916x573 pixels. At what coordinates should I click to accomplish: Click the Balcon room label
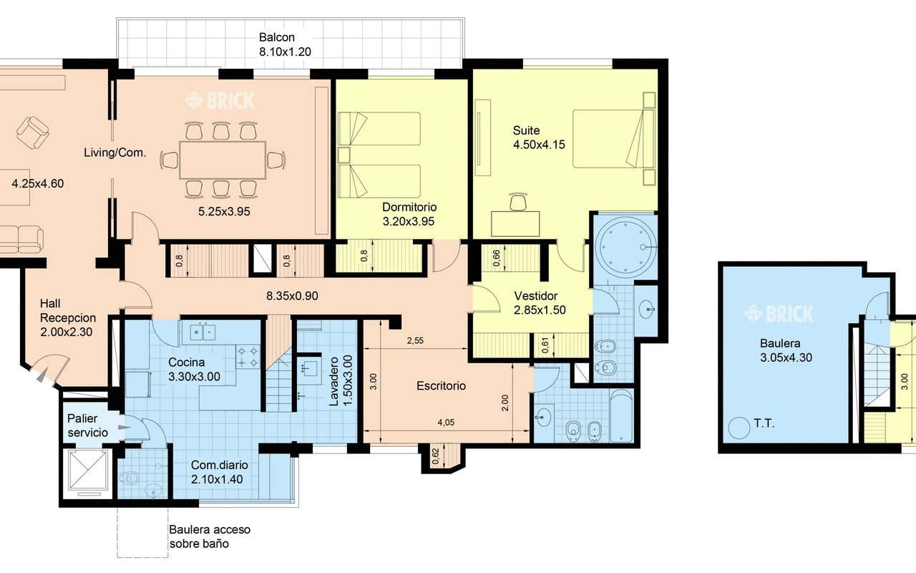285,44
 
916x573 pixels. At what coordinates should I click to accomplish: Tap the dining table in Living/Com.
223,160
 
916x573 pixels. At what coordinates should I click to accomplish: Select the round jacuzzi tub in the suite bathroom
625,247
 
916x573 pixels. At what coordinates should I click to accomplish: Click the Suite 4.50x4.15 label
539,138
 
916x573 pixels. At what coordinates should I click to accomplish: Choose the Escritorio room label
442,385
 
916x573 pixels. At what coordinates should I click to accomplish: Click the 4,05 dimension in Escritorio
446,423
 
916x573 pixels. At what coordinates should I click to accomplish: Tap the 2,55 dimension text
415,340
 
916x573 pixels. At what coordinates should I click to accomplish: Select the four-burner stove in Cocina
248,357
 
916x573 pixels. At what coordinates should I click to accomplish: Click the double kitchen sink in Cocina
204,332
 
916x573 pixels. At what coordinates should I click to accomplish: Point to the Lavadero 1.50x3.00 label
341,381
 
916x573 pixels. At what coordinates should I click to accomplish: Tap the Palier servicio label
87,425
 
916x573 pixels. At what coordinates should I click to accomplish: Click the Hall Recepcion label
68,317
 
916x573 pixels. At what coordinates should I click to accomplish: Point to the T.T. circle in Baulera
739,428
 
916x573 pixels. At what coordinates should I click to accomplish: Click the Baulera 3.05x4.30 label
786,350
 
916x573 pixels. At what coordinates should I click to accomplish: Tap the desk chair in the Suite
518,202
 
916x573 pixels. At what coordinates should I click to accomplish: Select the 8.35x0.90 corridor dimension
292,296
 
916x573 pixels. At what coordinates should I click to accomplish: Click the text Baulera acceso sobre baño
210,536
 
